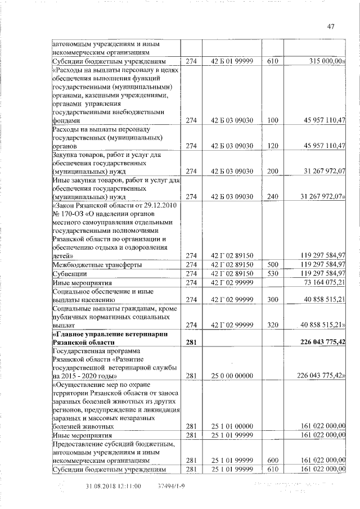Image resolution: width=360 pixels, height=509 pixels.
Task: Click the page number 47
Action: pyautogui.click(x=330, y=26)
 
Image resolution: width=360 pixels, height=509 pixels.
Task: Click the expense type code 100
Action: pyautogui.click(x=273, y=120)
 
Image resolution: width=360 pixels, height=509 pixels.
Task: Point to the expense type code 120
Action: pyautogui.click(x=273, y=146)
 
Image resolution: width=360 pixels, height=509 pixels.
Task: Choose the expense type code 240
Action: pyautogui.click(x=273, y=196)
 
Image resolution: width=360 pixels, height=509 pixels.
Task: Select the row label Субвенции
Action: pyautogui.click(x=67, y=273)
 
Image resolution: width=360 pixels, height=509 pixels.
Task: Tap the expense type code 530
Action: pyautogui.click(x=273, y=273)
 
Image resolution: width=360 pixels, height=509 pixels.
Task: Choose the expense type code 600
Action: pyautogui.click(x=273, y=460)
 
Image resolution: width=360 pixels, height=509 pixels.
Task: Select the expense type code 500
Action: pyautogui.click(x=273, y=264)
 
